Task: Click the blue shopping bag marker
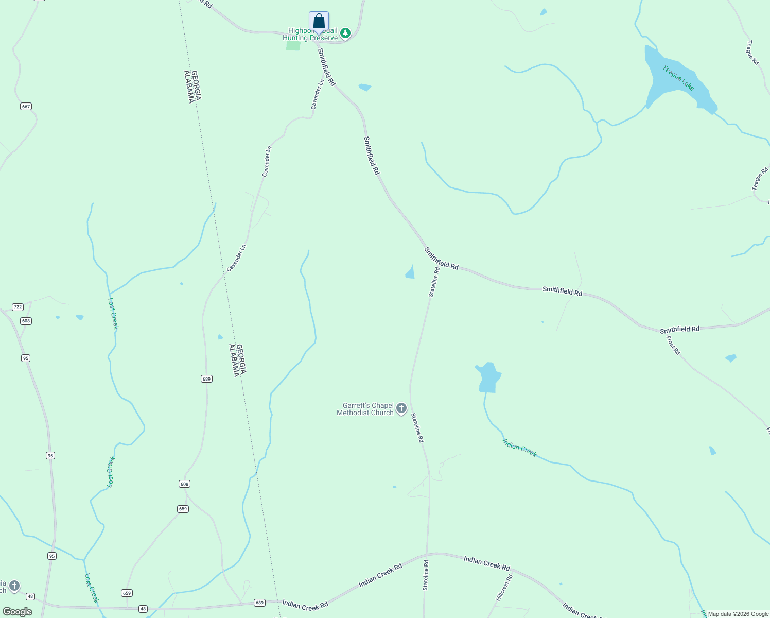click(x=319, y=22)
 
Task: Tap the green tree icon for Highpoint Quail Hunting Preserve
click(x=345, y=34)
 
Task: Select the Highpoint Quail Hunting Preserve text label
click(x=310, y=35)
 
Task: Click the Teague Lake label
click(x=678, y=78)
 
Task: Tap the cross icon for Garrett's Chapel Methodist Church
click(x=401, y=409)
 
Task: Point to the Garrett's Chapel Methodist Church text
click(x=365, y=409)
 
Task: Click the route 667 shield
click(x=26, y=107)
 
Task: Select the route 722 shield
click(x=17, y=307)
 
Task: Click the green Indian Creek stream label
click(x=519, y=448)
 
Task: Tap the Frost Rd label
click(x=673, y=345)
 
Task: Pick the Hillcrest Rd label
click(x=504, y=588)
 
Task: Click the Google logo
click(x=17, y=612)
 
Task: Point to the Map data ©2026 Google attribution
click(x=738, y=614)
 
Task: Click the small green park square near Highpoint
click(x=293, y=45)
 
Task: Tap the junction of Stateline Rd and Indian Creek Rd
click(x=427, y=555)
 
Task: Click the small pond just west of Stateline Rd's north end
click(x=410, y=272)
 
